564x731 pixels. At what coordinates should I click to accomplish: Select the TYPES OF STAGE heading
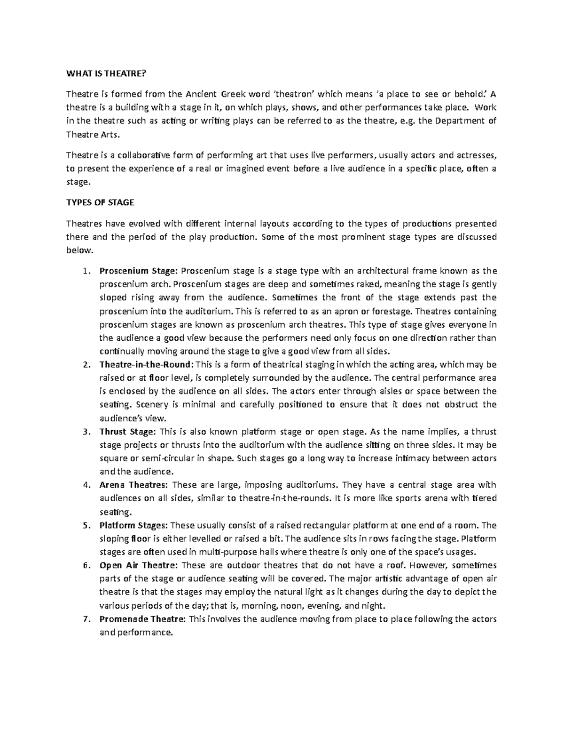click(x=100, y=202)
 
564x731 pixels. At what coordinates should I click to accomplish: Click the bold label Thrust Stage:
click(x=127, y=432)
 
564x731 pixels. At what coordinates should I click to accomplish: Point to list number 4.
click(x=85, y=485)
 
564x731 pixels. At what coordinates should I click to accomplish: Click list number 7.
click(x=85, y=619)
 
